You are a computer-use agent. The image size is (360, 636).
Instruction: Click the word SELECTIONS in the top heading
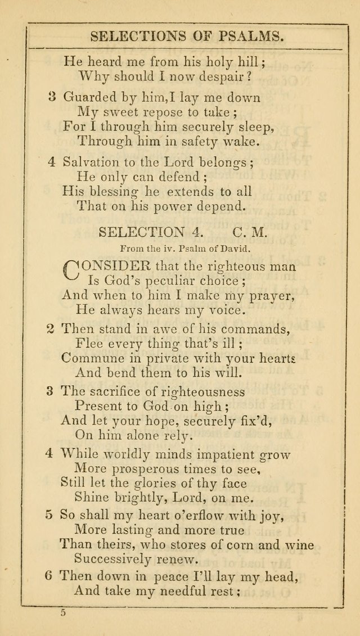(x=134, y=37)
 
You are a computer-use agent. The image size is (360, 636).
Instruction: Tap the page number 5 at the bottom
(x=62, y=614)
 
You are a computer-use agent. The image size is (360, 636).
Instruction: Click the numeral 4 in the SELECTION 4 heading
(x=191, y=232)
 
